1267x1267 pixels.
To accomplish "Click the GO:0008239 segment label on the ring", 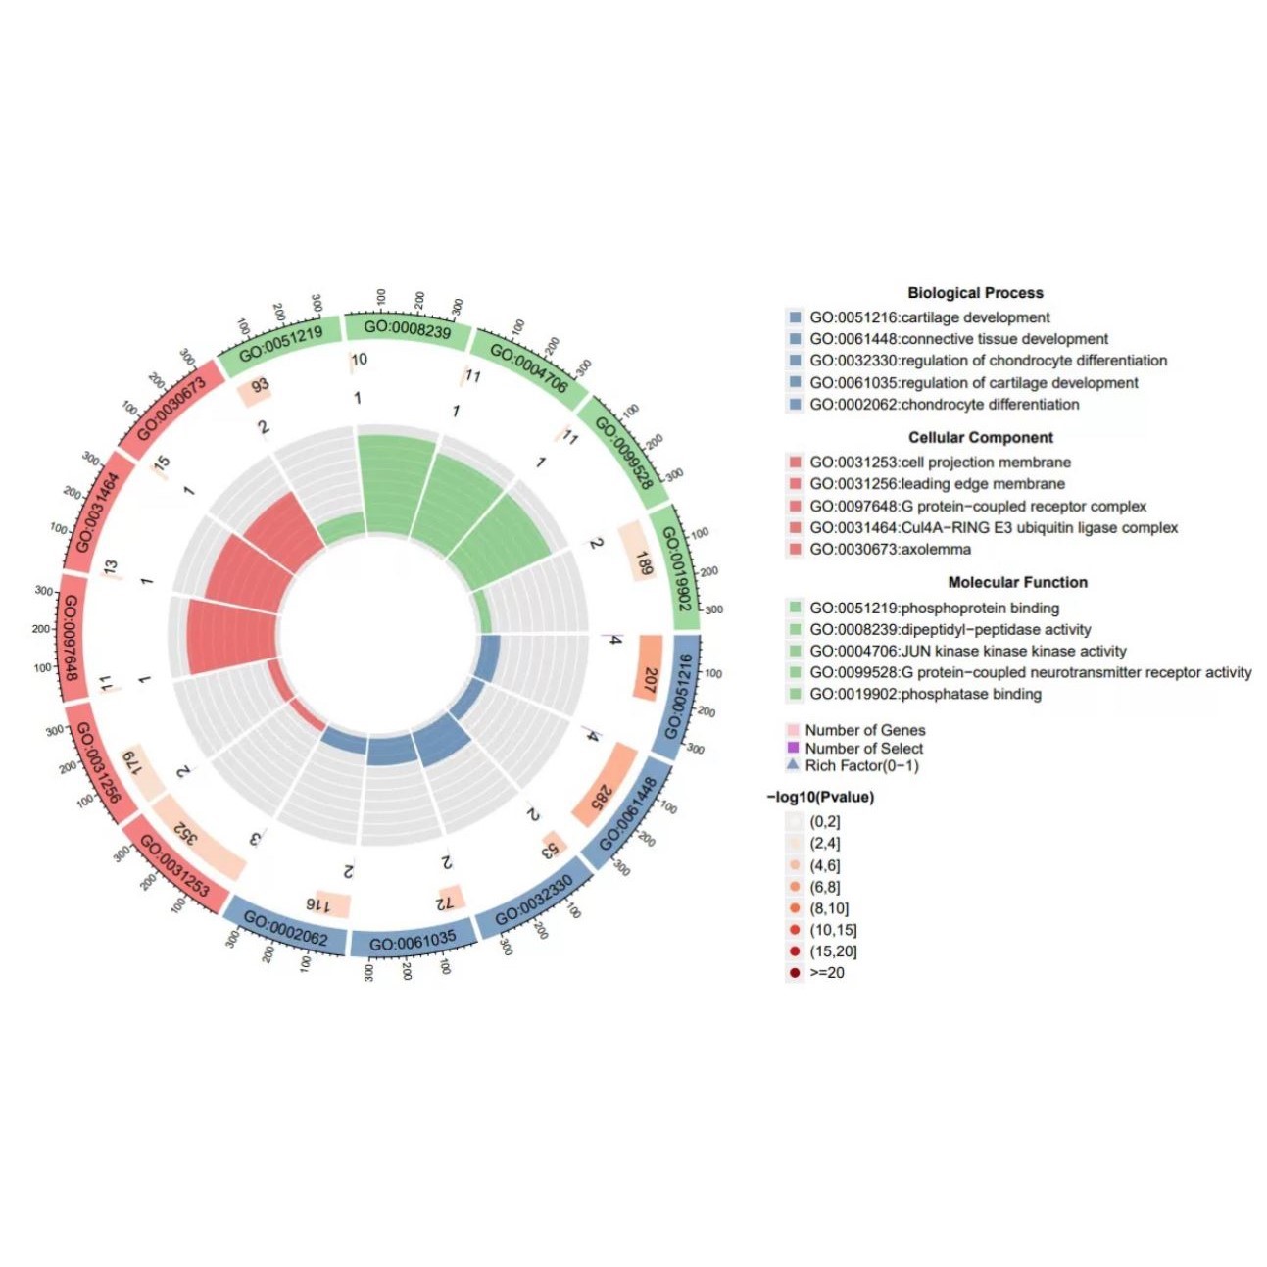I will coord(407,329).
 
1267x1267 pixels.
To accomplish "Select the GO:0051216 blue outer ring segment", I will coord(688,695).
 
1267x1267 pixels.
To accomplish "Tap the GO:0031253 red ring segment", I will coord(174,866).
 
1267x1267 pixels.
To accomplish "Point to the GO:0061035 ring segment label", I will coord(413,942).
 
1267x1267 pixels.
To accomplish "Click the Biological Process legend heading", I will coord(975,293).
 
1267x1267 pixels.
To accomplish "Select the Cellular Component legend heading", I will coord(981,438).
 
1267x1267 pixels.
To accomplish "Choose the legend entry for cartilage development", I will coord(929,317).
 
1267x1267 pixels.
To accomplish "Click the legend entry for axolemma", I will coord(890,550).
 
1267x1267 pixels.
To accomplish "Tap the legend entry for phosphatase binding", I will coord(925,694).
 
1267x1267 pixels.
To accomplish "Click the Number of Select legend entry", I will coord(863,749).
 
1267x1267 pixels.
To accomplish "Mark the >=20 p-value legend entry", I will coord(826,973).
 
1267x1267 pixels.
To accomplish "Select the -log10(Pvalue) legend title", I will coord(820,797).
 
